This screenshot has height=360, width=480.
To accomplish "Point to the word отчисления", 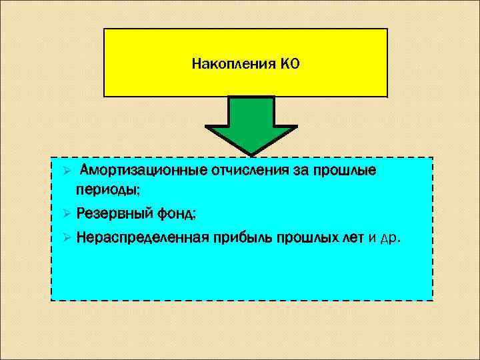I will click(240, 171).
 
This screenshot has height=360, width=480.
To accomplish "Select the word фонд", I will click(175, 214).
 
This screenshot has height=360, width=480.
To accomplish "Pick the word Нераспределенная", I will click(142, 238).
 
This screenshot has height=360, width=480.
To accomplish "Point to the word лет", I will click(353, 238).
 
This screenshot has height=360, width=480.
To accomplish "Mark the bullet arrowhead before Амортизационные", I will click(58, 171).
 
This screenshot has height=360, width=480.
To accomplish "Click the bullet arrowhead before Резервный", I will click(58, 214).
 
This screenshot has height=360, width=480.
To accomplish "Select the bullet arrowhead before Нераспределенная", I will click(58, 238).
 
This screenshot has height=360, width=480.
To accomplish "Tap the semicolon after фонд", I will click(194, 216).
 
